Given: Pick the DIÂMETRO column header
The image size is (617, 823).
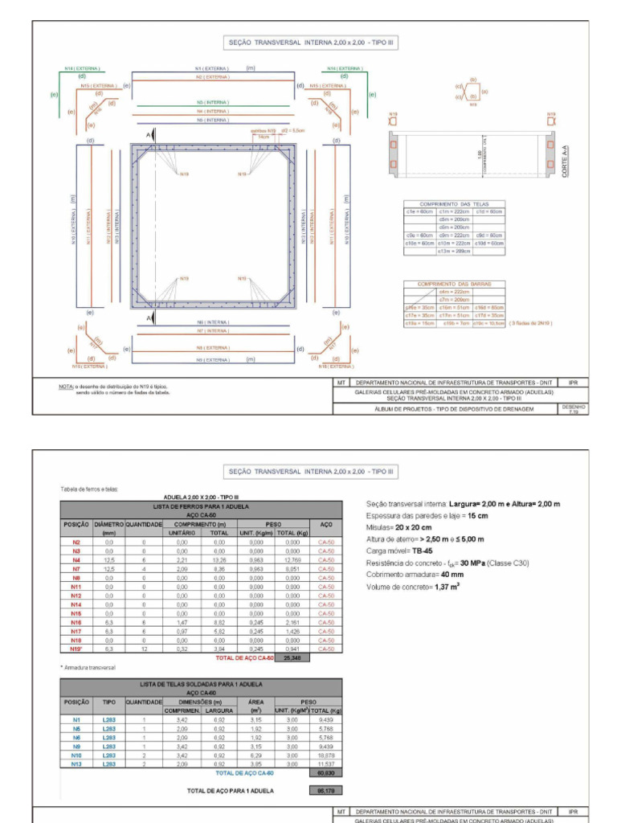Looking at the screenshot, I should tap(108, 524).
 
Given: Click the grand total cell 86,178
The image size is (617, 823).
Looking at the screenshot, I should tap(320, 791).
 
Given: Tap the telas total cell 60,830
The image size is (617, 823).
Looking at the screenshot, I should tap(325, 773).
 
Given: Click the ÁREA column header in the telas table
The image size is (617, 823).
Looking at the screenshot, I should tap(256, 702).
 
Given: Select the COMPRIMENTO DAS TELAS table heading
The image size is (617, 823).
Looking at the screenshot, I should tap(454, 204).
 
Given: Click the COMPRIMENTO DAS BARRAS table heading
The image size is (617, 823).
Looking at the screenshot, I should tap(454, 284).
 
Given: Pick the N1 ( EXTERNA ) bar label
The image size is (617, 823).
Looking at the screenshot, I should tap(210, 69).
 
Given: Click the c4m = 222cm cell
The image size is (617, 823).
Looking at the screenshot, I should tap(454, 292).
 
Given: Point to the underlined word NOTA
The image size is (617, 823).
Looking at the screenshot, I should tap(67, 386).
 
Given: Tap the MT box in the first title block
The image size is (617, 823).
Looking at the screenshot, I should tap(342, 383).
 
